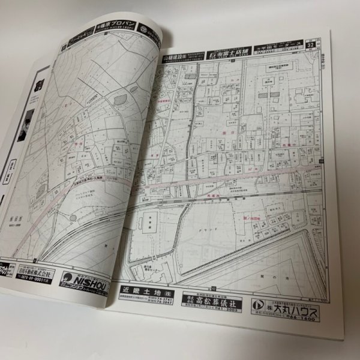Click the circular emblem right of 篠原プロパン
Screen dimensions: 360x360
[x=143, y=28]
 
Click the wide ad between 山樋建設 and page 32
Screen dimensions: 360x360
[x=230, y=52]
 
